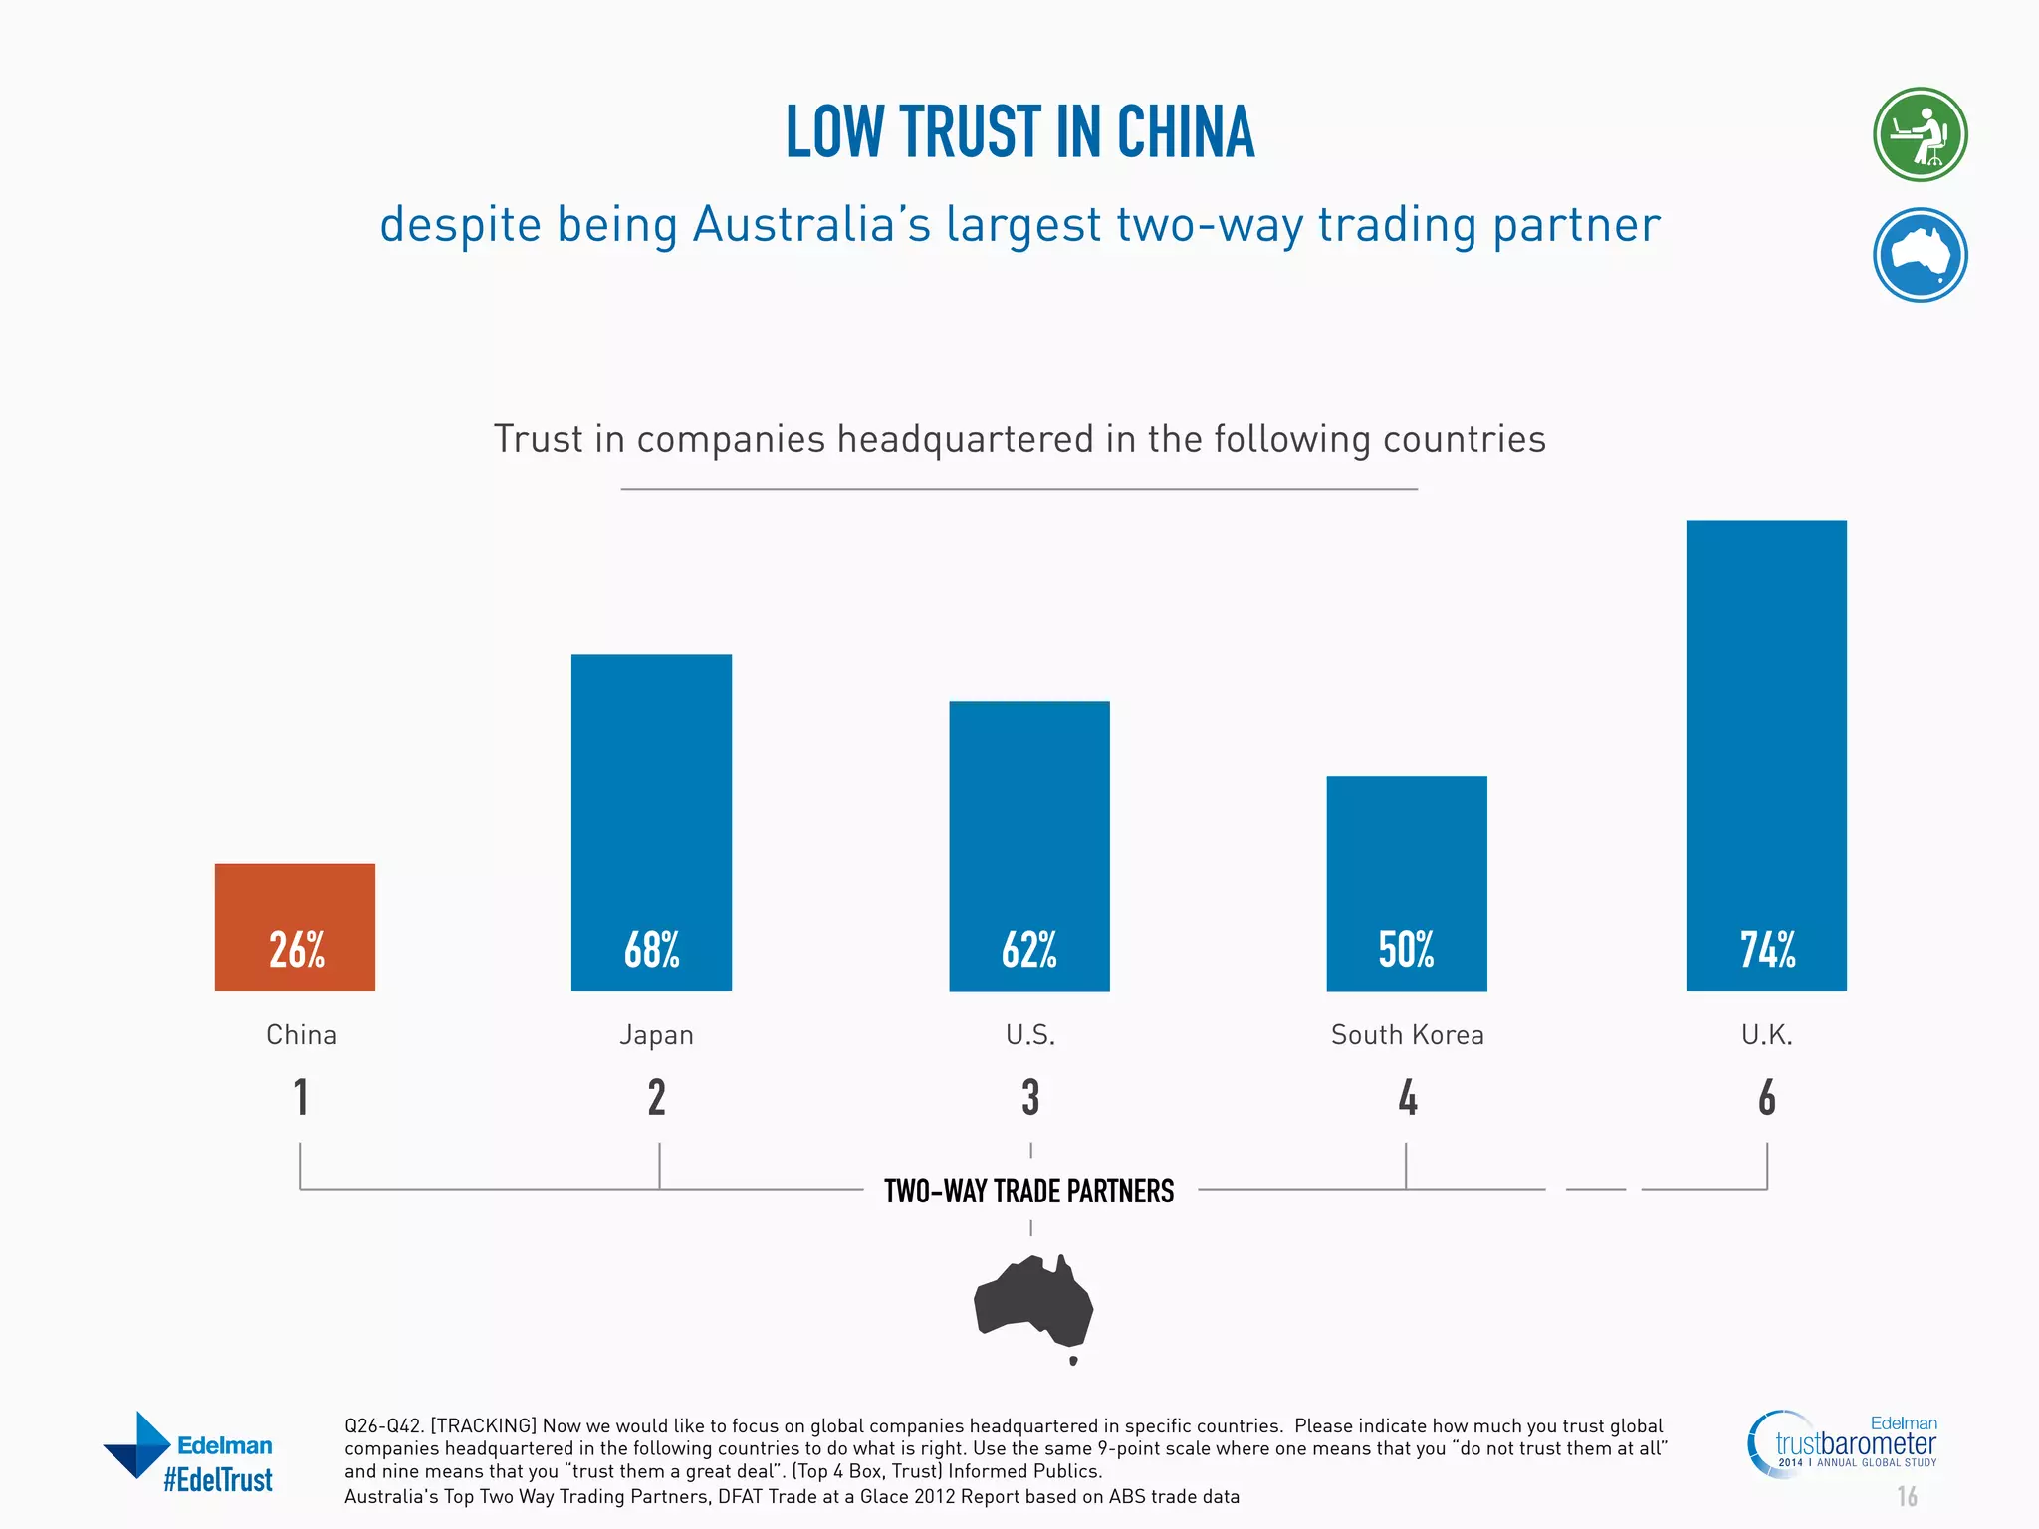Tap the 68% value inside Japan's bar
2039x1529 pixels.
pyautogui.click(x=652, y=950)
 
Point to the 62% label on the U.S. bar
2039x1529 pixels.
pyautogui.click(x=1029, y=950)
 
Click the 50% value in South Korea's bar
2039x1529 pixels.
pyautogui.click(x=1406, y=950)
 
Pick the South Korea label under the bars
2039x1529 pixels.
pyautogui.click(x=1407, y=1035)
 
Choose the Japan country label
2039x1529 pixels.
pyautogui.click(x=656, y=1035)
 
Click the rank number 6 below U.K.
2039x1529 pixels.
pyautogui.click(x=1766, y=1098)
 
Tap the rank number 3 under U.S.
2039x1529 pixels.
pyautogui.click(x=1030, y=1098)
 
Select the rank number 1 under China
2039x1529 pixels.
pyautogui.click(x=301, y=1098)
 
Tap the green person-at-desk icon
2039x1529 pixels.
pyautogui.click(x=1920, y=134)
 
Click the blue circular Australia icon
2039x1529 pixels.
pyautogui.click(x=1920, y=255)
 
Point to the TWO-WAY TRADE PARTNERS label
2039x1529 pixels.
pyautogui.click(x=1028, y=1191)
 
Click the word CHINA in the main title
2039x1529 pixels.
pyautogui.click(x=1185, y=132)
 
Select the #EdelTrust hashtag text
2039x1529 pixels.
pyautogui.click(x=218, y=1480)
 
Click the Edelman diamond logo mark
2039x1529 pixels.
pyautogui.click(x=137, y=1444)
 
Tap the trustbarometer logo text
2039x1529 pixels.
pyautogui.click(x=1855, y=1443)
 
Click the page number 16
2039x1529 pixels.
pyautogui.click(x=1907, y=1496)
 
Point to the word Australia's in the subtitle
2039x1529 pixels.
pyautogui.click(x=811, y=224)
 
